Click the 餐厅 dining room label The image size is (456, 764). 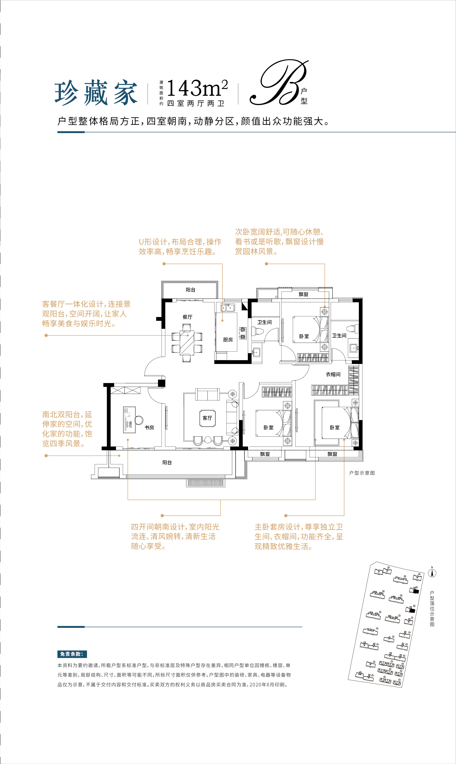pyautogui.click(x=187, y=317)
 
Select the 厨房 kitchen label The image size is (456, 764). pyautogui.click(x=228, y=340)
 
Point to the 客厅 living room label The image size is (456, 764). pyautogui.click(x=207, y=418)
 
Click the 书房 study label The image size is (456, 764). pyautogui.click(x=149, y=428)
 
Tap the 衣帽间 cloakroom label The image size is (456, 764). pyautogui.click(x=333, y=374)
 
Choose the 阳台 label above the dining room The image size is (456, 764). pyautogui.click(x=190, y=290)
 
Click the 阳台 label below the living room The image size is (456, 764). pyautogui.click(x=167, y=462)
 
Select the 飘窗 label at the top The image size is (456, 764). pyautogui.click(x=304, y=294)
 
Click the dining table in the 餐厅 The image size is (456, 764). pyautogui.click(x=187, y=343)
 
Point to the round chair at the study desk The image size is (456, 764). pyautogui.click(x=139, y=420)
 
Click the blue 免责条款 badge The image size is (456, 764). pyautogui.click(x=72, y=654)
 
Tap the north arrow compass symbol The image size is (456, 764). pyautogui.click(x=432, y=573)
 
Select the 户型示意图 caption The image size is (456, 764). pyautogui.click(x=362, y=473)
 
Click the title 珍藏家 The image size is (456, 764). pyautogui.click(x=96, y=93)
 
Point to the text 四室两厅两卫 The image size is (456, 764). pyautogui.click(x=196, y=103)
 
